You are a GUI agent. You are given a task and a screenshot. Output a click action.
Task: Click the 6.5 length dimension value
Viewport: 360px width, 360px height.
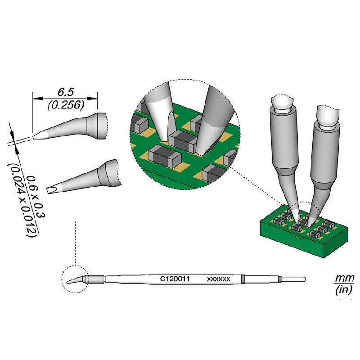[65, 92]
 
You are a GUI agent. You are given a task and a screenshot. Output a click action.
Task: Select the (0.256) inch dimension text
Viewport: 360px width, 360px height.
[65, 105]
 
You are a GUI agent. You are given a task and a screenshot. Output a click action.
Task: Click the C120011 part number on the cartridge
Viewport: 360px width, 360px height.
[174, 279]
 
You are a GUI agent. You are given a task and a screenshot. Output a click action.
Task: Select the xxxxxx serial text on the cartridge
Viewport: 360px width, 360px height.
[218, 279]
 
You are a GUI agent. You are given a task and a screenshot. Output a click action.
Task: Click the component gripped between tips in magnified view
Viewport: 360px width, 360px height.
[182, 141]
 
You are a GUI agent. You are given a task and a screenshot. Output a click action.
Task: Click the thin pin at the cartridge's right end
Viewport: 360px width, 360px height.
[295, 279]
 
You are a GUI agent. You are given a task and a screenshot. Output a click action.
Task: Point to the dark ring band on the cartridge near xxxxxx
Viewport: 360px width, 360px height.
[243, 279]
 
